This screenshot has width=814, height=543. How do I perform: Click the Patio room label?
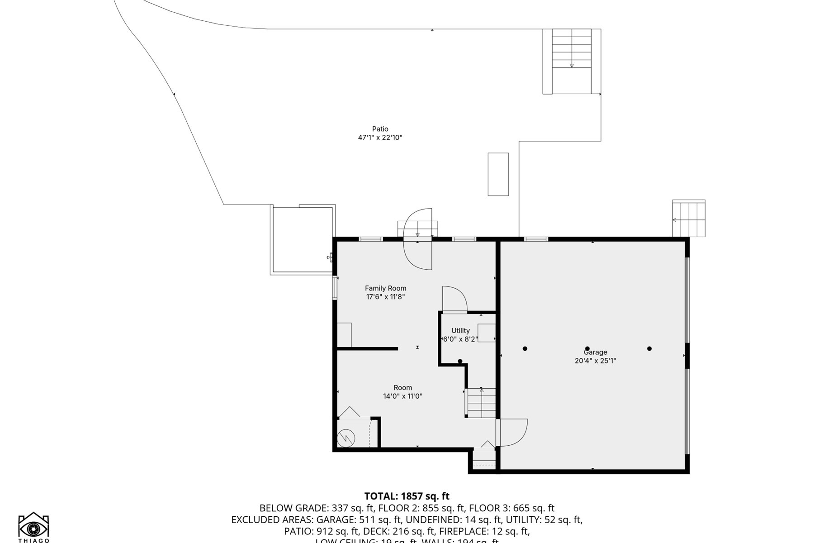point(380,129)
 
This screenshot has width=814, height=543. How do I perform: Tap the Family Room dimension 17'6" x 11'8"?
point(385,297)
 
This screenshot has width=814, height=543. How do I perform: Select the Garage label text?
point(595,352)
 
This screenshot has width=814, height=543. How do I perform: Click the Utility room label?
point(460,331)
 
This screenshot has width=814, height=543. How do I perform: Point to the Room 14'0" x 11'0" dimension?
point(402,396)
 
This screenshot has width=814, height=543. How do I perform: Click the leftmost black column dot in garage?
point(525,348)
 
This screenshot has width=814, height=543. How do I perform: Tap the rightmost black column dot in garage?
point(649,348)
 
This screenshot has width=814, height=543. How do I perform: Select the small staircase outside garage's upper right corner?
point(688,219)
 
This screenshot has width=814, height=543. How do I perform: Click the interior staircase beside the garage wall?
point(481,403)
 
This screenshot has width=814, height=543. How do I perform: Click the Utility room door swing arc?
point(454,299)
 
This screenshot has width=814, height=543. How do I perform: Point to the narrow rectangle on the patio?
point(498,174)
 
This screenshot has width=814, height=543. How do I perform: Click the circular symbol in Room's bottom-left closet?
point(346,438)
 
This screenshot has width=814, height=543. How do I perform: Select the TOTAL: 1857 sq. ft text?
point(407,496)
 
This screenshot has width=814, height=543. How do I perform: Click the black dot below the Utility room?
point(460,361)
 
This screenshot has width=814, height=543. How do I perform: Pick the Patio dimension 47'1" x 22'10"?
point(380,138)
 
